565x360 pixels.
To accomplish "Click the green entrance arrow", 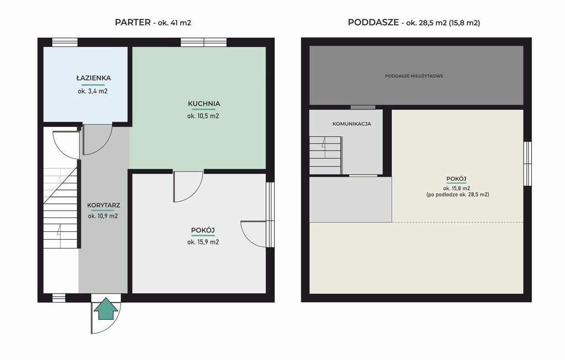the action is (105, 309).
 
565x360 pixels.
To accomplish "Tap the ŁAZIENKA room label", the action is (93, 78).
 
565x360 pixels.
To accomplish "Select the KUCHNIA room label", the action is (204, 104).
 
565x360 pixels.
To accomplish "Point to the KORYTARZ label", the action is (103, 205).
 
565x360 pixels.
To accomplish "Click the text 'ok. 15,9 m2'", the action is (203, 242).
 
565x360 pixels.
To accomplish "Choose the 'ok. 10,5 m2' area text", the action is (203, 116).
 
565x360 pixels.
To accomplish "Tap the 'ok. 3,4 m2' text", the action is (93, 91).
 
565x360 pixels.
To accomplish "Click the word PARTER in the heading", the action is (132, 23).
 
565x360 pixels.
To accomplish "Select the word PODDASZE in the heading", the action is (374, 23).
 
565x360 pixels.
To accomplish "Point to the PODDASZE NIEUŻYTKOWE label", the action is (414, 76).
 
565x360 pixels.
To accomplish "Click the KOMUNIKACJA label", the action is (351, 124).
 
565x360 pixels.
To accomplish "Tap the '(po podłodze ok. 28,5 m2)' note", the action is (457, 194).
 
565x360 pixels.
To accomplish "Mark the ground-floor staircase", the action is (60, 208).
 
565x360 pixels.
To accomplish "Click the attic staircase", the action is (325, 156).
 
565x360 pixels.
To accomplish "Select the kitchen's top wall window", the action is (204, 42).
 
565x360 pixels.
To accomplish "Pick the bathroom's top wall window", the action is (65, 42).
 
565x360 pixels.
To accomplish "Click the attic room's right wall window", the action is (527, 164).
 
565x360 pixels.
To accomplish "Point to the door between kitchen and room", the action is (188, 187).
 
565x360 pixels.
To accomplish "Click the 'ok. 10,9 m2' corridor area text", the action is (103, 216).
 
